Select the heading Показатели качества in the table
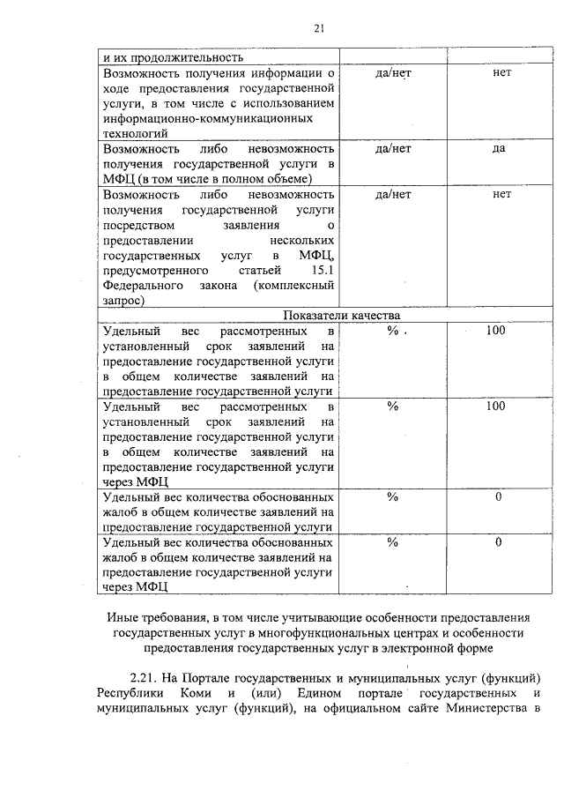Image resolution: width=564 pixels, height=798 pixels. point(341,316)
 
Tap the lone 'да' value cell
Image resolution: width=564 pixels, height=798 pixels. point(498,148)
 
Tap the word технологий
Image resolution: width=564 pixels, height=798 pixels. point(137,132)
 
